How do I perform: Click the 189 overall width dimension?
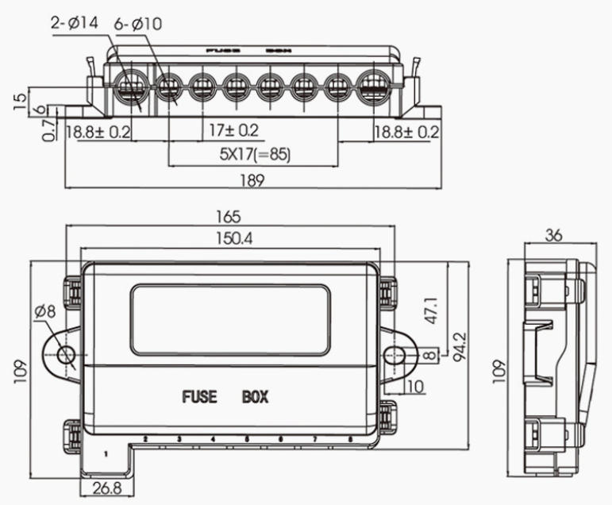[252, 180]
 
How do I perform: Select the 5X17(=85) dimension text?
[256, 155]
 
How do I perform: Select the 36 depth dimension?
[555, 236]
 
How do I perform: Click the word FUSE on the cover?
[198, 395]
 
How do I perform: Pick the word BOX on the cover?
[256, 395]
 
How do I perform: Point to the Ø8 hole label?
[44, 312]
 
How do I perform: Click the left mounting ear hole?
[67, 355]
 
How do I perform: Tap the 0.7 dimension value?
[50, 129]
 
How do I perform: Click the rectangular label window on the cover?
[230, 320]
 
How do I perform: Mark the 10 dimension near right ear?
[414, 386]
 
